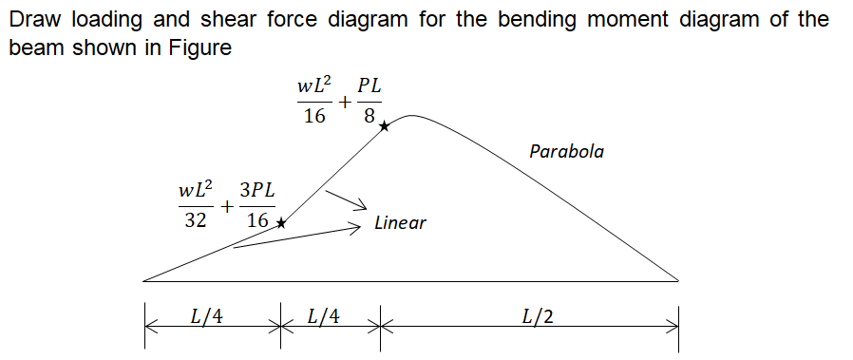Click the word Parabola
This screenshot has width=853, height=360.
[x=566, y=151]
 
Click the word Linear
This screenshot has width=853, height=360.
[x=400, y=223]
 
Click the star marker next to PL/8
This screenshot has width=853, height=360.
[x=384, y=125]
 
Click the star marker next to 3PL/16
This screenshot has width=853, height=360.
[x=280, y=222]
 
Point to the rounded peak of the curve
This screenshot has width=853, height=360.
[x=411, y=116]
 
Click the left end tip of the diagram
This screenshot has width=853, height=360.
[x=143, y=281]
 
